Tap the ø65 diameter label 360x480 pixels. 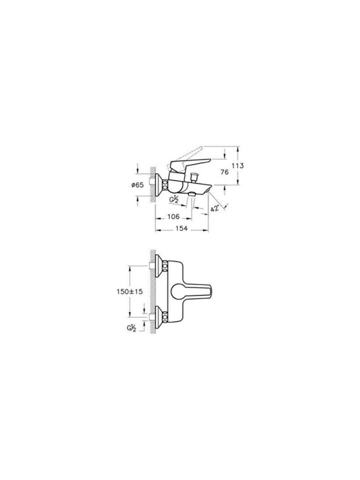[x=137, y=184]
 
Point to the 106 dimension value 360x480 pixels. [x=173, y=217]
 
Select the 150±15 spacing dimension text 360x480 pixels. [x=129, y=292]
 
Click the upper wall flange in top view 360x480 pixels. [x=162, y=265]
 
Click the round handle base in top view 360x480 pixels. [x=178, y=292]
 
